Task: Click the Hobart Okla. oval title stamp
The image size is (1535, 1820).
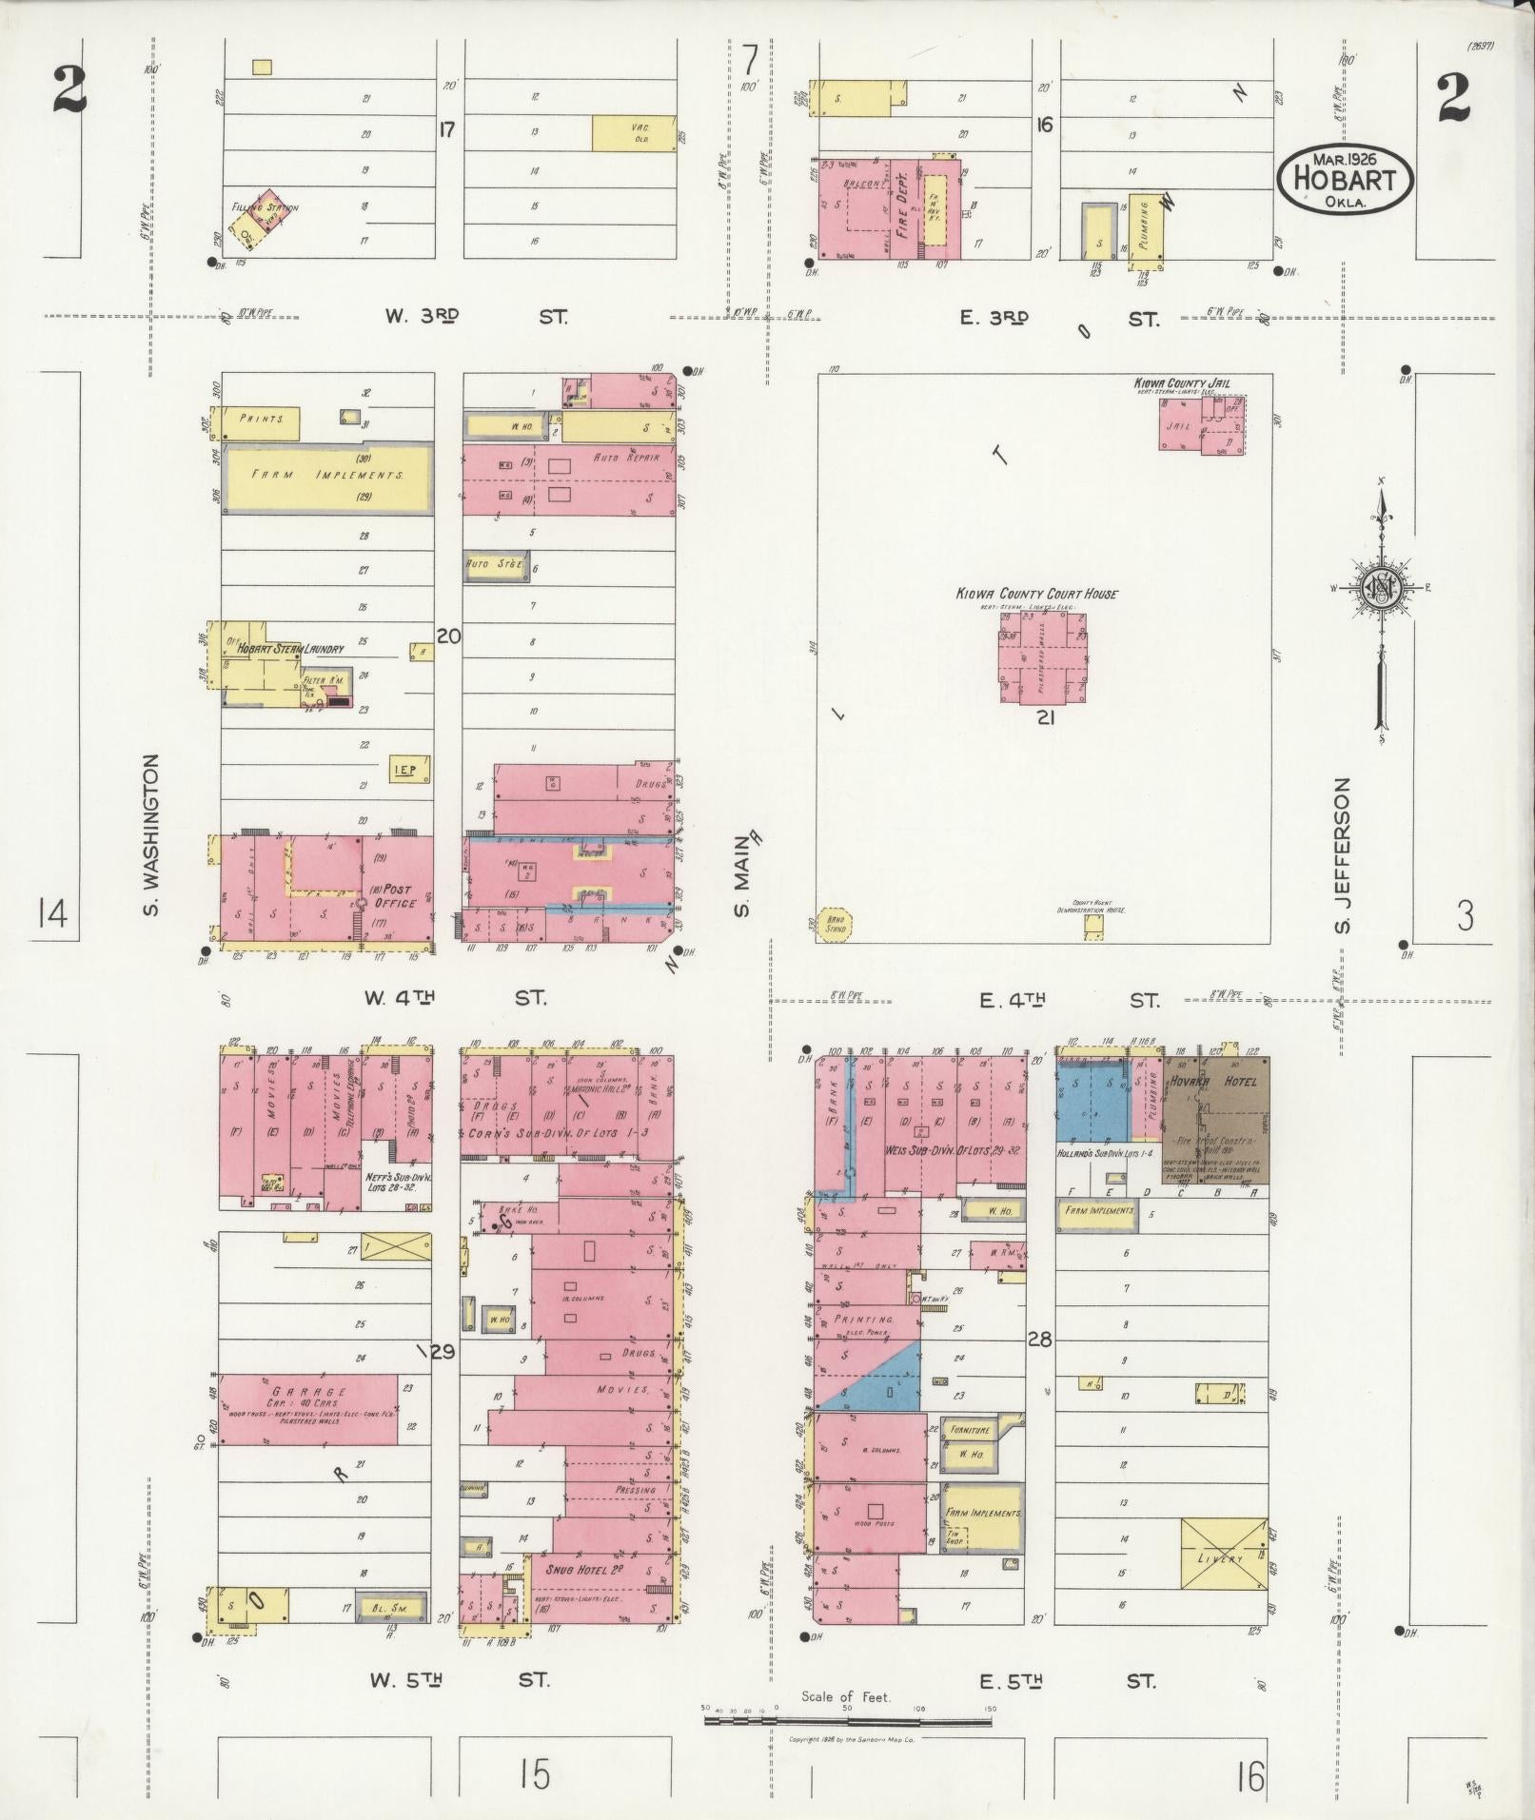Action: (x=1344, y=177)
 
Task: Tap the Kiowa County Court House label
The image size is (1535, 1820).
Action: (x=1036, y=594)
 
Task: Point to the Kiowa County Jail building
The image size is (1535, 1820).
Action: (x=1202, y=425)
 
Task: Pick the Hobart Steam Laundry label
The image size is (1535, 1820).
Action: (x=285, y=649)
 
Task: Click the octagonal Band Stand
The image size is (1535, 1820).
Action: (x=835, y=924)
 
